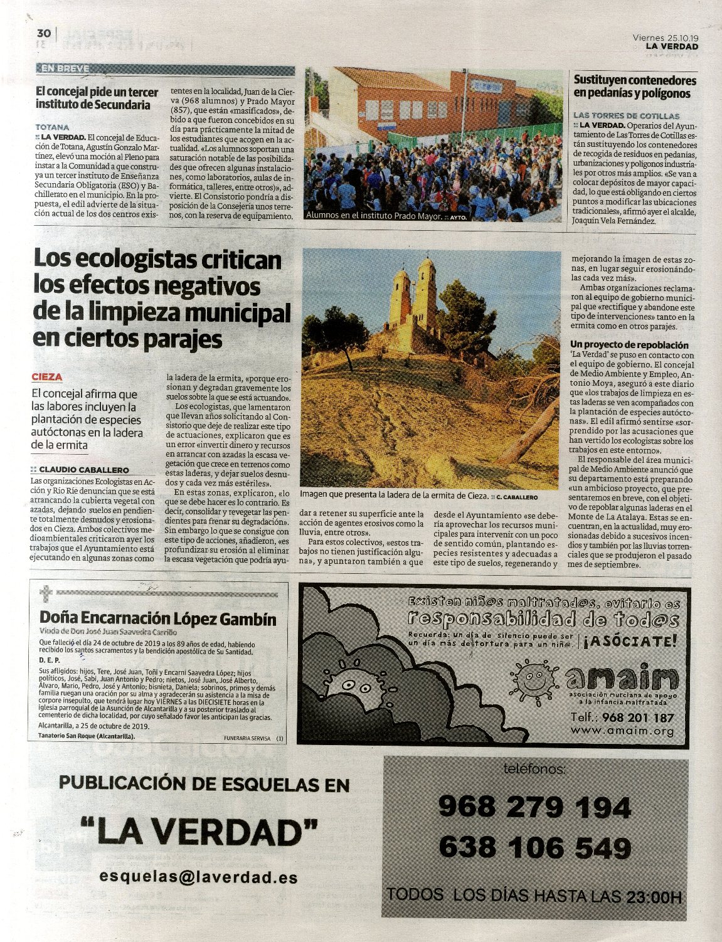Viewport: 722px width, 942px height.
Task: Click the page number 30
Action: tap(43, 33)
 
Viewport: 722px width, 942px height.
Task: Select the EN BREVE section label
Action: tap(65, 68)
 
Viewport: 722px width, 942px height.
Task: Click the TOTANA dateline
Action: tap(53, 127)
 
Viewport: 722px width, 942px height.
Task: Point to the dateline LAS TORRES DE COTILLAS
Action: tap(626, 115)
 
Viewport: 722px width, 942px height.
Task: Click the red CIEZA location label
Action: tap(47, 377)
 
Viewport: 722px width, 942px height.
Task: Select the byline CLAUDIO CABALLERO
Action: tap(83, 470)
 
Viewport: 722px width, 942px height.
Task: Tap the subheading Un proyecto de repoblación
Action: tap(629, 345)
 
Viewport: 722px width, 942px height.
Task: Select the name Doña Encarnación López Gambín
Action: tap(157, 618)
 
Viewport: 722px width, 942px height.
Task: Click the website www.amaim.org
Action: tap(622, 731)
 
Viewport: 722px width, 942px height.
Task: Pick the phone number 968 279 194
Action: tap(534, 807)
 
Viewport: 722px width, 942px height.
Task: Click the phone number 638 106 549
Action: tap(534, 849)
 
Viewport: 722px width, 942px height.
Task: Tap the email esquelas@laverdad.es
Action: tap(198, 878)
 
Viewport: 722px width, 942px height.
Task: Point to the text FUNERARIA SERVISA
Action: tap(247, 738)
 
